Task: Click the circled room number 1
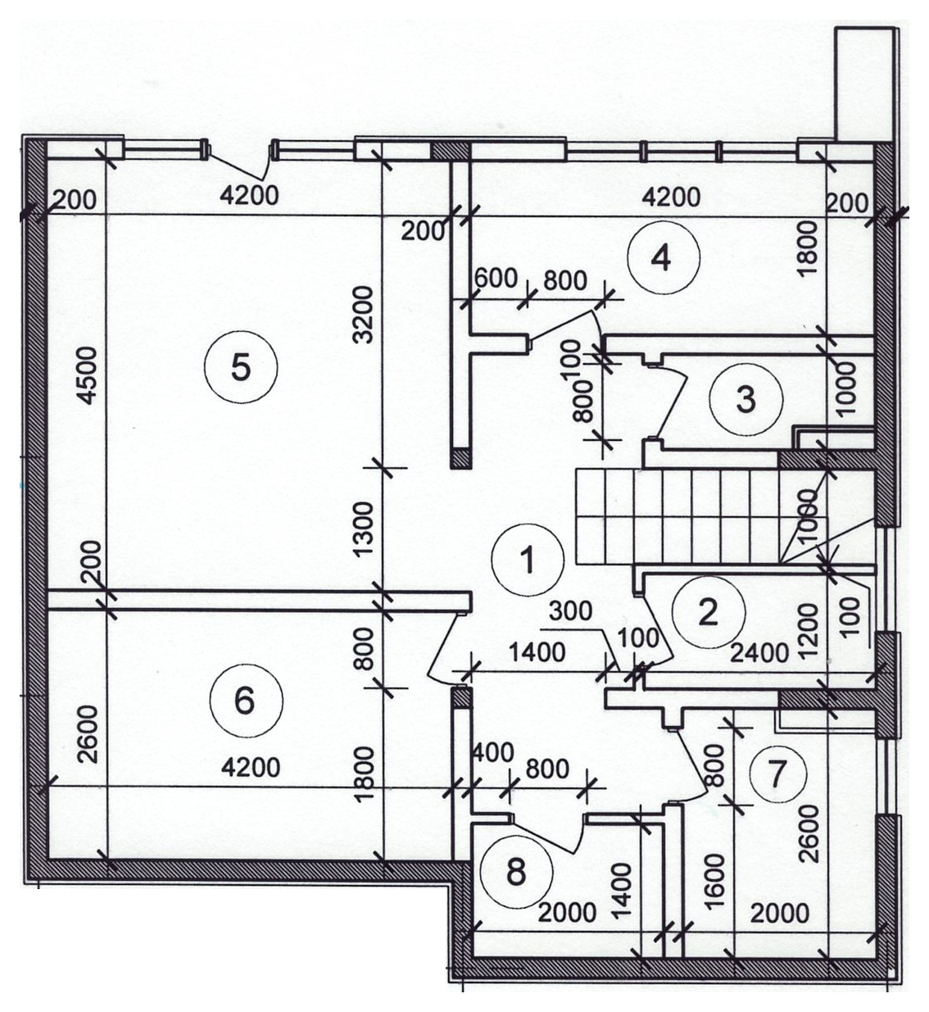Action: pos(528,560)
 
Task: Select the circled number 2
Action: pos(709,612)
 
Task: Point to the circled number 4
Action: pos(664,258)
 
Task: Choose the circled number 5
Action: pos(241,367)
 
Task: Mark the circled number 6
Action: pos(246,701)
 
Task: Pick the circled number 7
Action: pos(777,774)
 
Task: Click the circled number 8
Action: pos(516,872)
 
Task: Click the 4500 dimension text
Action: pos(89,375)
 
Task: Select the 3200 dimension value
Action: pos(364,315)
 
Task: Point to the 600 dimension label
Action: pos(496,279)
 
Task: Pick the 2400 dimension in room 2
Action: pos(759,654)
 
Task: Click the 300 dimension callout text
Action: pos(570,611)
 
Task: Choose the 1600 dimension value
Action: pos(715,880)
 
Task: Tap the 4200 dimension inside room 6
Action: pos(251,768)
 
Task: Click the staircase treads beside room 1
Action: pos(701,516)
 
